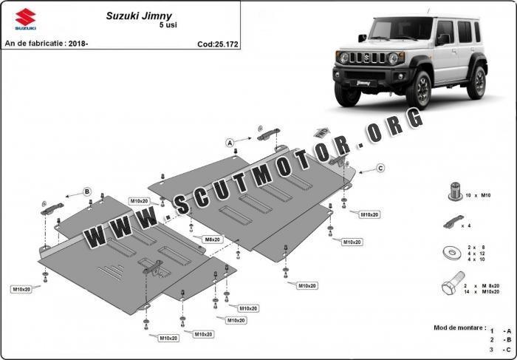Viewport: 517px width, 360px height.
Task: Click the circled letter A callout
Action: coord(230,140)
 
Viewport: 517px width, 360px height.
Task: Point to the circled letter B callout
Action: coord(86,192)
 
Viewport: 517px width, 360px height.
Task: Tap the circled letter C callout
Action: coord(380,169)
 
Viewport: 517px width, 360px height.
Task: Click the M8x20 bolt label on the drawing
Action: coord(213,240)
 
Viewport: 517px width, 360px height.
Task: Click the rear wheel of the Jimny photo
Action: coord(479,82)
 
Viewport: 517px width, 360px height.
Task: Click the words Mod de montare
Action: coord(459,327)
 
